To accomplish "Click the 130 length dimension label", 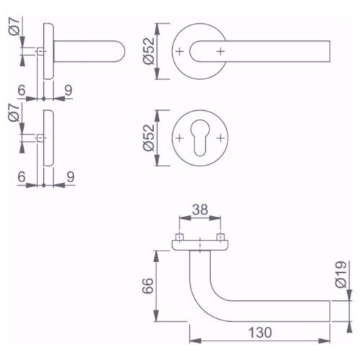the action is tap(260, 333).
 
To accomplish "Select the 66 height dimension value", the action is tap(148, 286).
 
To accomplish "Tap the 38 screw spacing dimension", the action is tap(200, 210).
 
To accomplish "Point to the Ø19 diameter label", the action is tap(341, 274).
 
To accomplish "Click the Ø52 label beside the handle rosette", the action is tap(149, 51).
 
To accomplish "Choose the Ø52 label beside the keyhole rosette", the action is tap(149, 138).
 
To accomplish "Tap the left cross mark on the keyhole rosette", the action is tap(179, 138).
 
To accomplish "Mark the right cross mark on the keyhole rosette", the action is tap(220, 138).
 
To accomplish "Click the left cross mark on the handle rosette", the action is tap(179, 51).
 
